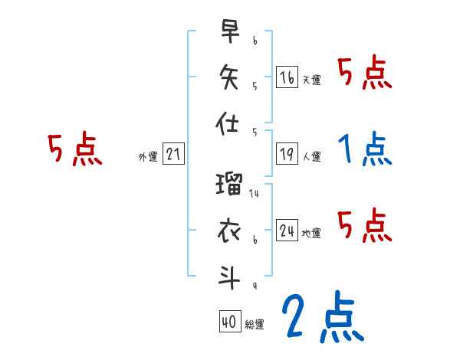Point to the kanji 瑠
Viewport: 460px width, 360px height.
pyautogui.click(x=230, y=185)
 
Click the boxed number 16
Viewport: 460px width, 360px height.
pyautogui.click(x=287, y=77)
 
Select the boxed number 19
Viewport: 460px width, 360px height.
pyautogui.click(x=287, y=155)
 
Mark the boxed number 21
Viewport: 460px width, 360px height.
pyautogui.click(x=173, y=155)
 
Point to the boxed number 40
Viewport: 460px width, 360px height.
pyautogui.click(x=229, y=322)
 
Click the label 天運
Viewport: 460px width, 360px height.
pyautogui.click(x=311, y=80)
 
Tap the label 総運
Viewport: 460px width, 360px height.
pyautogui.click(x=255, y=325)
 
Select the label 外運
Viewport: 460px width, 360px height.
pyautogui.click(x=148, y=157)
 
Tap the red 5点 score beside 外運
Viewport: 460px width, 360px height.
pyautogui.click(x=75, y=149)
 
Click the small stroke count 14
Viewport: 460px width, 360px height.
pyautogui.click(x=255, y=195)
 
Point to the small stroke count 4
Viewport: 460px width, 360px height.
pyautogui.click(x=255, y=286)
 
